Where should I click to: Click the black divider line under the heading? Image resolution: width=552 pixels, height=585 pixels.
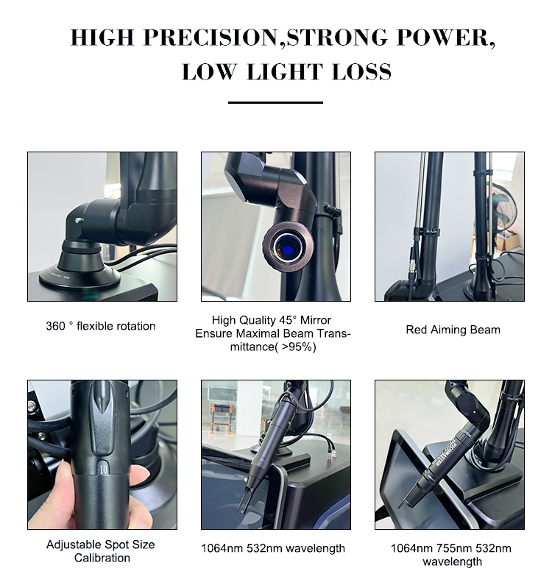275,102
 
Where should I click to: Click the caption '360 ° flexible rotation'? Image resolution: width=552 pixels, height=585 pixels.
101,326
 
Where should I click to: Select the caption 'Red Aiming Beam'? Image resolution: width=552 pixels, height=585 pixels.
453,330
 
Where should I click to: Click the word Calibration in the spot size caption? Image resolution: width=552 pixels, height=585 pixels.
102,558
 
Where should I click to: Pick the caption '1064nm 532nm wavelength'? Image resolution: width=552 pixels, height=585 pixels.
276,548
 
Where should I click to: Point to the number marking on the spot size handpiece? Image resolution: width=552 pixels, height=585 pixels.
102,466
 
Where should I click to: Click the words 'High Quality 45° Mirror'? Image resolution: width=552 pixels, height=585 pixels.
271,320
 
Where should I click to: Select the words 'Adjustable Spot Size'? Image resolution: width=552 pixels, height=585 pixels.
101,545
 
